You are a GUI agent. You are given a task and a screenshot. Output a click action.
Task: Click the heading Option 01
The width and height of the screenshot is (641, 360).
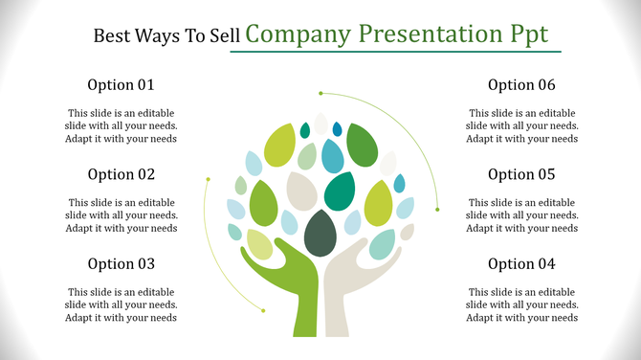point(122,84)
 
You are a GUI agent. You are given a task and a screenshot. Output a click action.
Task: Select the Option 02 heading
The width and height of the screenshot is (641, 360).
point(122,174)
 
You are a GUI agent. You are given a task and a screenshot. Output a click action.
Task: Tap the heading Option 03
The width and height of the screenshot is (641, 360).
point(122,264)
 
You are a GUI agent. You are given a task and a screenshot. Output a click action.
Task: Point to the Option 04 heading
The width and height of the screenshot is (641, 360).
point(521,264)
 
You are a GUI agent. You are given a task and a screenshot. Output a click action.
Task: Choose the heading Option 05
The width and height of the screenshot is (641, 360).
point(521,174)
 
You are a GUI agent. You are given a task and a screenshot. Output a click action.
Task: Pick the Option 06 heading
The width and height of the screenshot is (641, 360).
point(521,84)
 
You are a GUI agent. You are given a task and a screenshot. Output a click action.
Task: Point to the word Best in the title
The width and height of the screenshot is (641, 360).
point(112,36)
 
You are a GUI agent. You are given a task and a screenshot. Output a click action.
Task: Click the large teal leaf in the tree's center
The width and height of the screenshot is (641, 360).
point(340,191)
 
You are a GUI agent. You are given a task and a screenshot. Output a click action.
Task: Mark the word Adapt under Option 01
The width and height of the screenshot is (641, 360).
point(81,139)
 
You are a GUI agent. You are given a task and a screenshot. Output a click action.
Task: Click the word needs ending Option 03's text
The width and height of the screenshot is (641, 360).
point(162,318)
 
